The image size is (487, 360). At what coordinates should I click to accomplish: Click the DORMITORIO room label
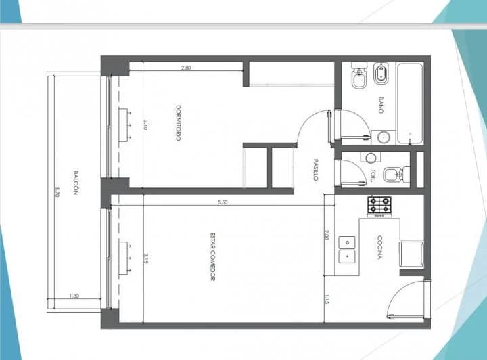(x=179, y=122)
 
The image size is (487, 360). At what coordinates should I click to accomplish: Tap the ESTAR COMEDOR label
(x=213, y=256)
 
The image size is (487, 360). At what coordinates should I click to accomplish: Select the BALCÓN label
(x=76, y=183)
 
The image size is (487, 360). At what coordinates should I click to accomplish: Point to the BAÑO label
(x=381, y=106)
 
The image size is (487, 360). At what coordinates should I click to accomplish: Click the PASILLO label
(x=316, y=170)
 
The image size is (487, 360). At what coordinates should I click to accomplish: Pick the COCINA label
(x=379, y=247)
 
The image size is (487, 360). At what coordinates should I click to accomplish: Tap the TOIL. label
(x=373, y=175)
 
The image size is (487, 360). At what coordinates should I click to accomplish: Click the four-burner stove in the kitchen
(x=379, y=206)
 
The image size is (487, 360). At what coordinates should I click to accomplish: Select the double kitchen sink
(x=346, y=250)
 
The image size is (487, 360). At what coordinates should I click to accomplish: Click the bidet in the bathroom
(x=381, y=73)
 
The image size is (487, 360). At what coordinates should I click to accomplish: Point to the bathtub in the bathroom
(x=410, y=104)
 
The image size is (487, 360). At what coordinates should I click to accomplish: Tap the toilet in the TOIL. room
(x=396, y=175)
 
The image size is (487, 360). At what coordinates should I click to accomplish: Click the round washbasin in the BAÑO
(x=384, y=137)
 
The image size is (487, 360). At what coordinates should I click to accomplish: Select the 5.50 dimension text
(x=223, y=202)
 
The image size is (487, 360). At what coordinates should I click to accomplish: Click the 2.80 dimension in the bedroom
(x=186, y=68)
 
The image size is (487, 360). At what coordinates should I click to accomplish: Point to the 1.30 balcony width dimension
(x=74, y=296)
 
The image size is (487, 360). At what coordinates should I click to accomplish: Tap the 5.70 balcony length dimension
(x=57, y=192)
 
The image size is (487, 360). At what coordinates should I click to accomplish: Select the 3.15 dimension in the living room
(x=145, y=258)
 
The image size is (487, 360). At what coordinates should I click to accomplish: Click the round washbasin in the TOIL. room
(x=371, y=158)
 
